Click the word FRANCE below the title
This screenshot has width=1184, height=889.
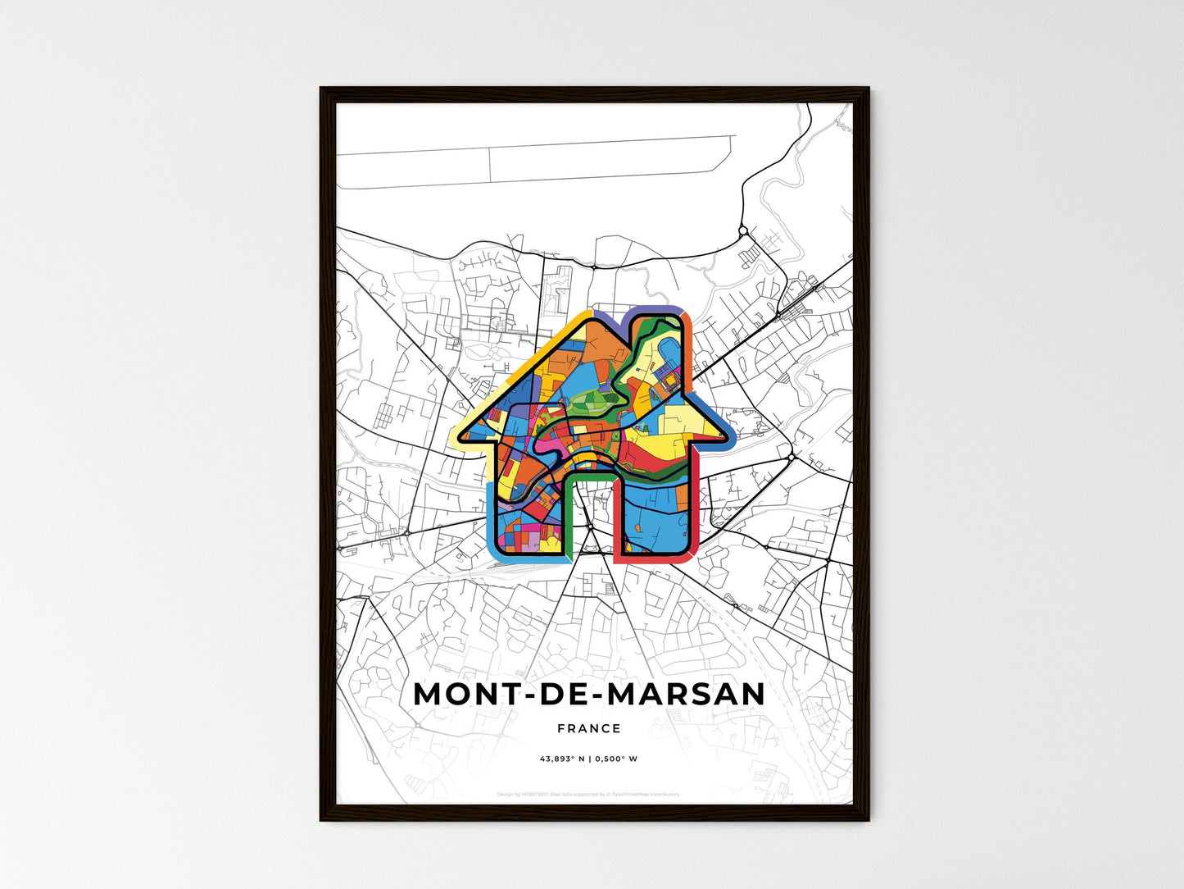tap(589, 728)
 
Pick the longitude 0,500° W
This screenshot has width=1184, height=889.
tap(616, 759)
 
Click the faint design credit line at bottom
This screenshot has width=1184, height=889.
tap(588, 794)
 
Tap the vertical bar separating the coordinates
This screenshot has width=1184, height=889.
tap(590, 759)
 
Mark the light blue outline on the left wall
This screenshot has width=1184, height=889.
tap(490, 517)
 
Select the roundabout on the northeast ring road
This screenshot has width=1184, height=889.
tap(742, 232)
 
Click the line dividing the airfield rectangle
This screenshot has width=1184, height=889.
tap(490, 165)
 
